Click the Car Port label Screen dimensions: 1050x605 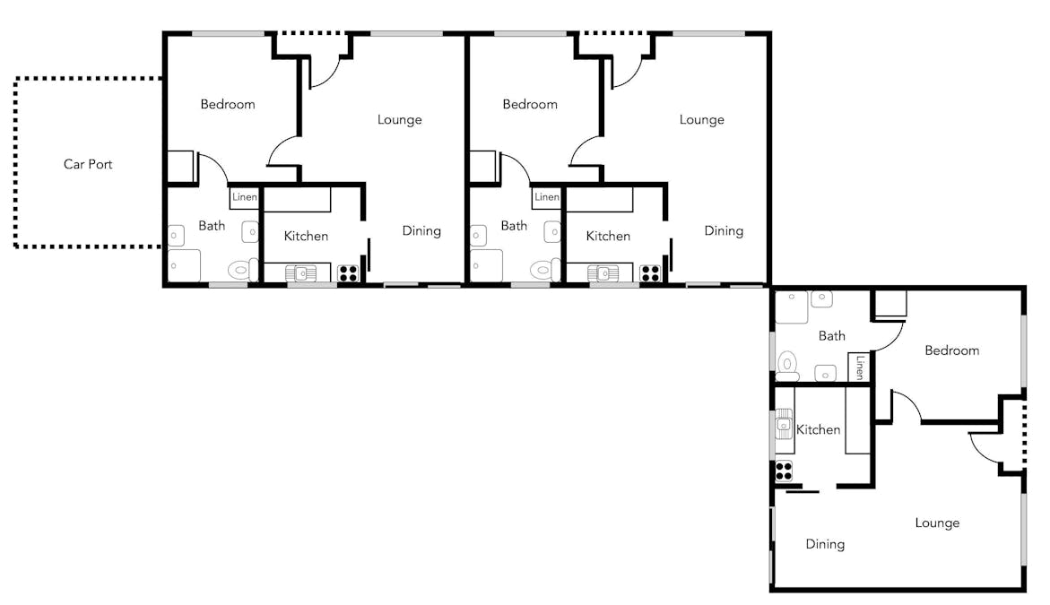[88, 164]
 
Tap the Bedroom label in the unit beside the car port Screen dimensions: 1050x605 [228, 104]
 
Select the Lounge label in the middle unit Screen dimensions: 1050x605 [702, 120]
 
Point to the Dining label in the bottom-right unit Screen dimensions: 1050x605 [825, 544]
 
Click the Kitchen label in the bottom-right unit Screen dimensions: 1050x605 [819, 429]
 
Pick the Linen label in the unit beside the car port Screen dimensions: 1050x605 [245, 197]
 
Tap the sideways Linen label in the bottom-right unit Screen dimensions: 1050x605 [860, 367]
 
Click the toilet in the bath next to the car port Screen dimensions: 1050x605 [242, 271]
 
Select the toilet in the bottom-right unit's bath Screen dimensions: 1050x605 [787, 366]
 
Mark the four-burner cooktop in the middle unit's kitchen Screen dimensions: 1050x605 [650, 273]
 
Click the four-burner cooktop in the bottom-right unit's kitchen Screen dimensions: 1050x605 [785, 471]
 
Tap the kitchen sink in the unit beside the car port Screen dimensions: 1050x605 [300, 273]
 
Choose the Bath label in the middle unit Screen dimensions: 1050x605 [514, 226]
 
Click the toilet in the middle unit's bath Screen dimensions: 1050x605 [545, 271]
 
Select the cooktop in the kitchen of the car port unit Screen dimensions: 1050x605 [348, 273]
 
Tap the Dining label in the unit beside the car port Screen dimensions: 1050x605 [421, 231]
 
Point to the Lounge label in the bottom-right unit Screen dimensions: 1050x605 [938, 523]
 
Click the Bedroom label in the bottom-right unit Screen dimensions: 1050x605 [951, 350]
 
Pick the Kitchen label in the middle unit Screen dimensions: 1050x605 [608, 237]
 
